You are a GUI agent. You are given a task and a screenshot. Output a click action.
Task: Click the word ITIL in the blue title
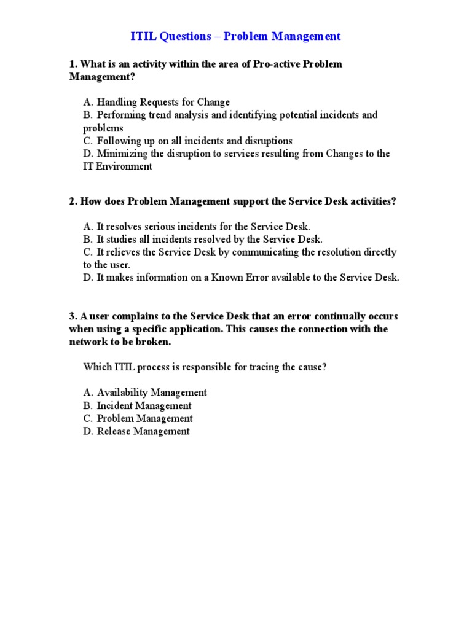pos(144,37)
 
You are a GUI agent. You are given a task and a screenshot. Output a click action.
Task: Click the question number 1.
pos(72,64)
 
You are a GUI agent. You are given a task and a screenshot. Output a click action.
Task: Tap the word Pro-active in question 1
pos(275,64)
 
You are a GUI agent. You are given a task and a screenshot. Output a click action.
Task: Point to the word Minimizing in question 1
pos(120,154)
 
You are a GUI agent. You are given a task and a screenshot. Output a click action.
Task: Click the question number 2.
pos(72,201)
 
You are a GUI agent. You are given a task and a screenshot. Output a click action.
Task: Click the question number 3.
pos(72,316)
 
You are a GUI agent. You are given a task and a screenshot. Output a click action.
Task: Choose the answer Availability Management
pos(145,393)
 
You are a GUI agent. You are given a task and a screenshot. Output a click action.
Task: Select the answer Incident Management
pos(137,405)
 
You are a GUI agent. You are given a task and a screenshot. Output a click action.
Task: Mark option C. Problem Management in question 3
pos(138,418)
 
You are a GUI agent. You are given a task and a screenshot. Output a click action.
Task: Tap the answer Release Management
pos(136,431)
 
